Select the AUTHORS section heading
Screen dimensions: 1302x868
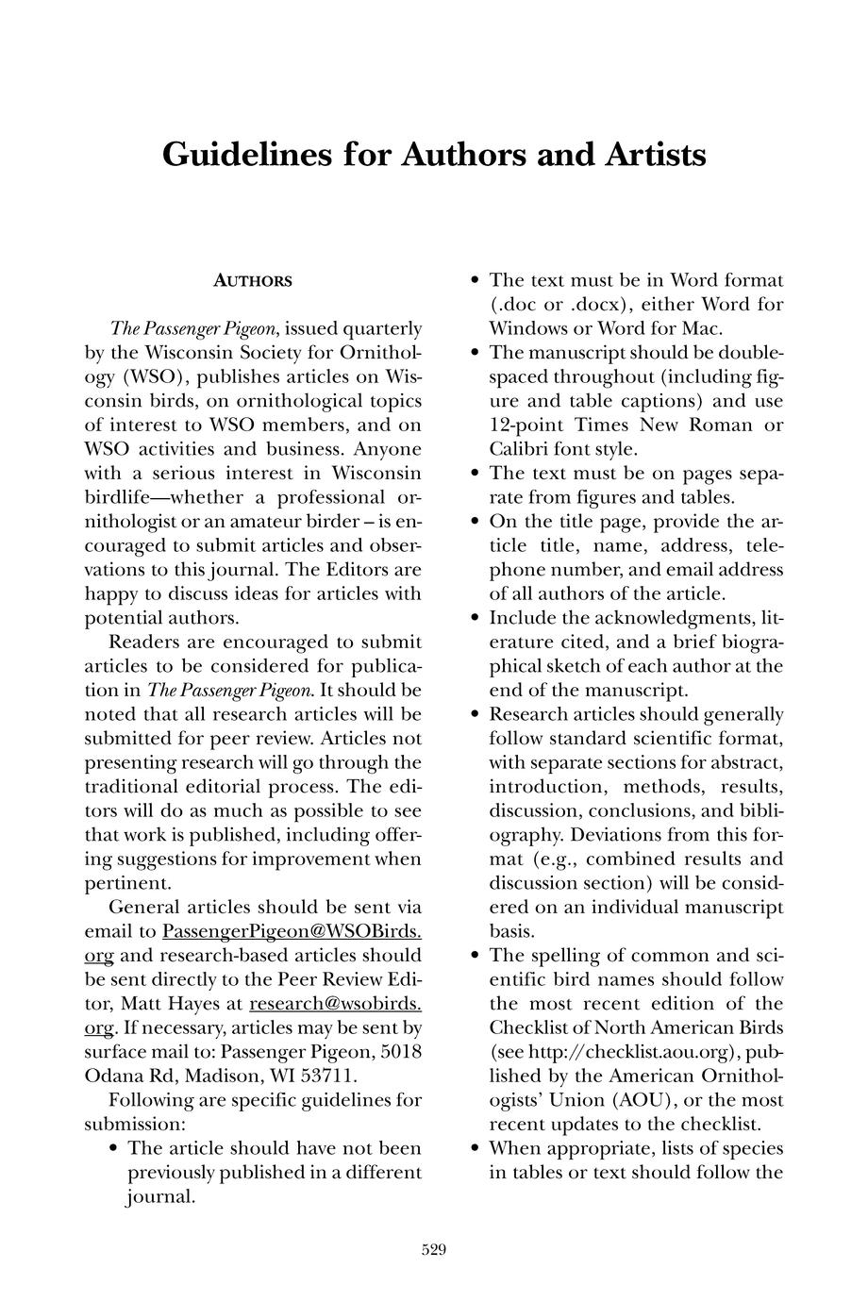pos(253,281)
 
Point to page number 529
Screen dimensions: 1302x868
pos(433,1251)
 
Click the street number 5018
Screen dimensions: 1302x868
pos(396,1052)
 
